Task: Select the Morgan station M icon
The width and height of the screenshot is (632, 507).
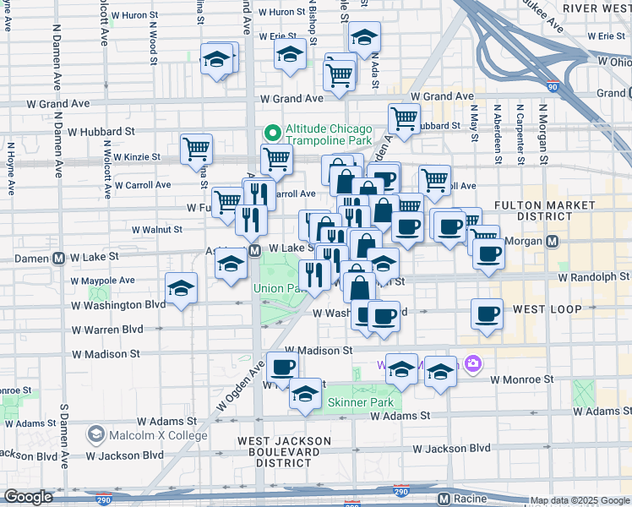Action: (553, 241)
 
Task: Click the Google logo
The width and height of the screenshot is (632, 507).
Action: (28, 497)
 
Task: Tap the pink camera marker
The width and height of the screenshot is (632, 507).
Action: (472, 364)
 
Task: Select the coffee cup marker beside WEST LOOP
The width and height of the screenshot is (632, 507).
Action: (488, 314)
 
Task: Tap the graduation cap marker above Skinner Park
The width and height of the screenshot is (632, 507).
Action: (305, 393)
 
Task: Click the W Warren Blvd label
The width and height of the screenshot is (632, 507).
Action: (107, 329)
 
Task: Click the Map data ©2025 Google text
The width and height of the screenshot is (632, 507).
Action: (580, 500)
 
